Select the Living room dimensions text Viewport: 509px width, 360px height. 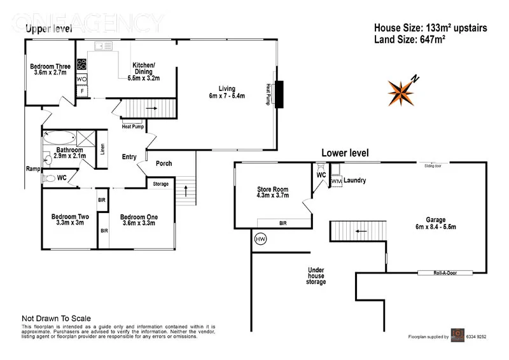point(227,96)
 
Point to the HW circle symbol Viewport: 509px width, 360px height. point(260,239)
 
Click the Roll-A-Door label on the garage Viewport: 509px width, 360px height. point(445,273)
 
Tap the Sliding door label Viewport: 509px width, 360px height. point(436,165)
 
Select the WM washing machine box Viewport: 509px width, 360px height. point(337,181)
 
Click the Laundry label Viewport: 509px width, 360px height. point(355,181)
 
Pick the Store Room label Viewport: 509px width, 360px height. point(272,189)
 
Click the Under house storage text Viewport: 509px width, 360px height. point(316,275)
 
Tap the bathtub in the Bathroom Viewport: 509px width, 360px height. point(60,137)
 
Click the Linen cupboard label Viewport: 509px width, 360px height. point(102,150)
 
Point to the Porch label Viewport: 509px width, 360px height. point(164,163)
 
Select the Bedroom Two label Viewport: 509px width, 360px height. point(70,217)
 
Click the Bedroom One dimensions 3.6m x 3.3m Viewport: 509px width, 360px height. point(139,223)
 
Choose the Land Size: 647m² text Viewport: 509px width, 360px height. point(409,39)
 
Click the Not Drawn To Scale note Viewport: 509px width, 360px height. point(56,319)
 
